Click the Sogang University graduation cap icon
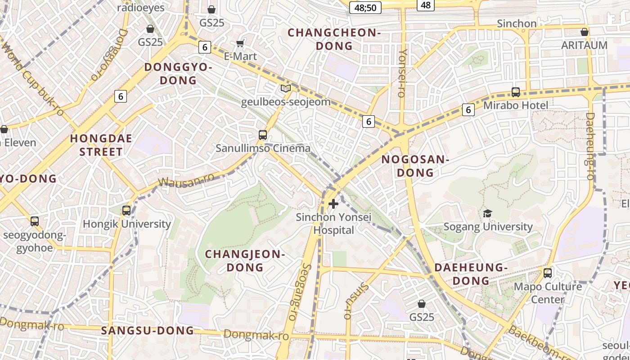click(487, 213)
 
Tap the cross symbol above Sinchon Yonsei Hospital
click(333, 204)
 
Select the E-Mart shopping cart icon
click(240, 43)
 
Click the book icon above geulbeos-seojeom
click(286, 88)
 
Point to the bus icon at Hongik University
click(126, 210)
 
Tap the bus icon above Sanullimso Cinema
click(263, 135)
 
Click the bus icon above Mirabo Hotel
click(516, 92)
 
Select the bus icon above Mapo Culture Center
click(548, 273)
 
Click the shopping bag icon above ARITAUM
click(584, 32)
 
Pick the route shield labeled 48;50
click(365, 7)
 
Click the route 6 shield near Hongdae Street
click(120, 96)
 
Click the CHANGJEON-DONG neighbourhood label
click(245, 261)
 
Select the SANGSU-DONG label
click(148, 331)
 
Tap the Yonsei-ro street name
click(403, 73)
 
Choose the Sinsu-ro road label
click(356, 301)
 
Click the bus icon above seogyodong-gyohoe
click(35, 221)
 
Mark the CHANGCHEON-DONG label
click(334, 39)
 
